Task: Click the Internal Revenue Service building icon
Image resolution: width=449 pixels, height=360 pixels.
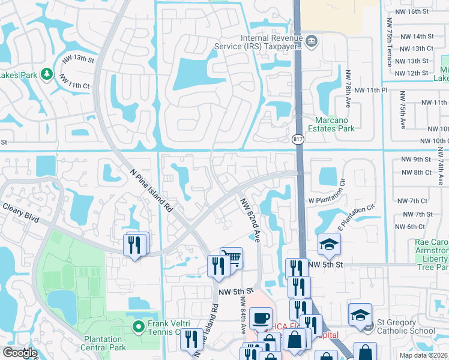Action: coord(312,41)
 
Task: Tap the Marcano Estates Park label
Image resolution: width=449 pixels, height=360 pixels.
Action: coord(331,124)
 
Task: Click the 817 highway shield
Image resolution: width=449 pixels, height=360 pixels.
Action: coord(298,139)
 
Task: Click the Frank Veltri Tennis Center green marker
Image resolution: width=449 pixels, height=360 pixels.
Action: coord(138,327)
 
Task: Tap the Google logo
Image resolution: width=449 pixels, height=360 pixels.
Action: coord(20,353)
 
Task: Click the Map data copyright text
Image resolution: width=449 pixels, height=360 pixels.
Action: coord(424,355)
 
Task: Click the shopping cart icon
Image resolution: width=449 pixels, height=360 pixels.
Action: coord(232,258)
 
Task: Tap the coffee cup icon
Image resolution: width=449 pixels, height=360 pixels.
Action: coord(261,318)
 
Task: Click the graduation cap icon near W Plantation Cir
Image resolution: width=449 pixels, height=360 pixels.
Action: coord(329,244)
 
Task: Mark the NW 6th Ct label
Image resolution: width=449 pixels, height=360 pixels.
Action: coord(411,227)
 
